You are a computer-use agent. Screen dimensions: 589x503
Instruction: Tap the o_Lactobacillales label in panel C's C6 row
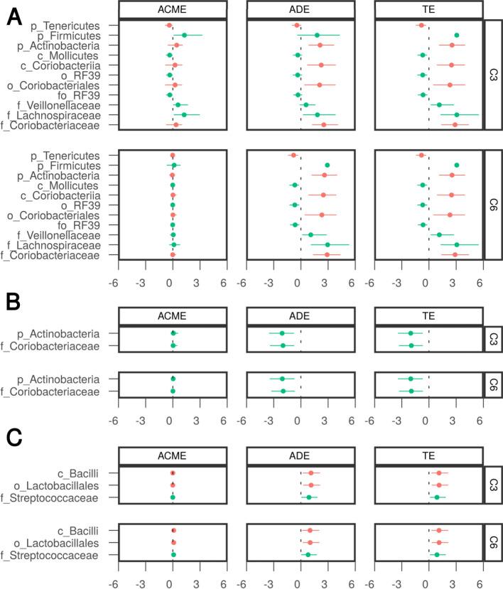(x=68, y=542)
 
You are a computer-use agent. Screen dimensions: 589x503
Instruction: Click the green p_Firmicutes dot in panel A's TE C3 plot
(x=457, y=35)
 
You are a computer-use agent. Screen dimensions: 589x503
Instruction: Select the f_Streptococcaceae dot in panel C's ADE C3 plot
(x=308, y=497)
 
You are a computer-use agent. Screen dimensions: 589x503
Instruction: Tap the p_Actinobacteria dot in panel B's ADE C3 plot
(x=281, y=333)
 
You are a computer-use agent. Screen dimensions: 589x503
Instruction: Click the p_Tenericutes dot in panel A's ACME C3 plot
(x=168, y=26)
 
